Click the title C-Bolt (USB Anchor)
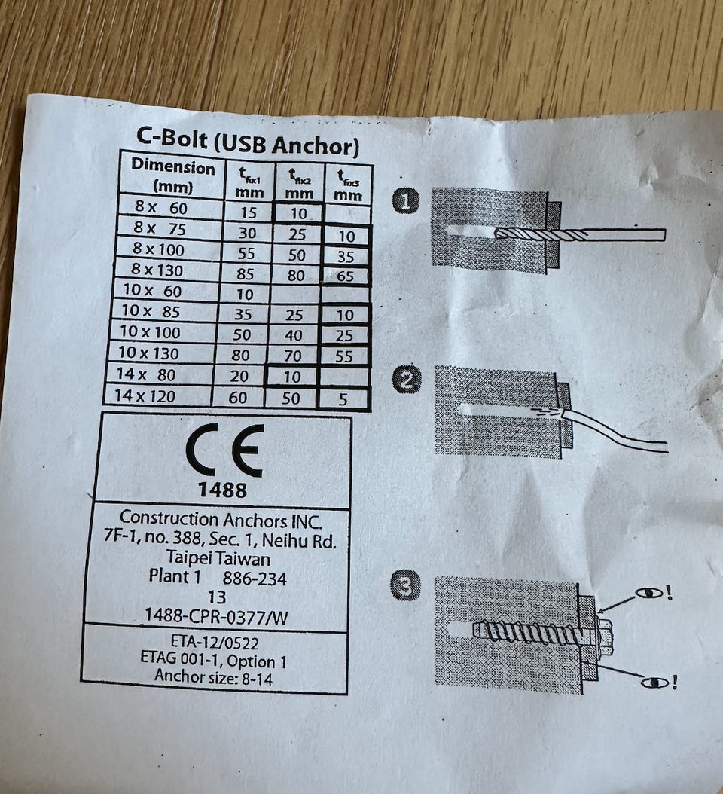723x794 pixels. (x=247, y=141)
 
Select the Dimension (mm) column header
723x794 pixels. (x=172, y=176)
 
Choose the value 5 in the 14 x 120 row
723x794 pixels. (x=343, y=399)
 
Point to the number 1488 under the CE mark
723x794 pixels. (x=222, y=490)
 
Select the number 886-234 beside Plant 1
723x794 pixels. (x=255, y=579)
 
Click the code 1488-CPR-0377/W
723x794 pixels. (x=217, y=615)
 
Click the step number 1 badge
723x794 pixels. (x=407, y=202)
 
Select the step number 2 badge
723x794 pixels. (x=406, y=380)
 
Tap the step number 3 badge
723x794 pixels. (x=407, y=585)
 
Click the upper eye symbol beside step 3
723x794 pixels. (x=646, y=593)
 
